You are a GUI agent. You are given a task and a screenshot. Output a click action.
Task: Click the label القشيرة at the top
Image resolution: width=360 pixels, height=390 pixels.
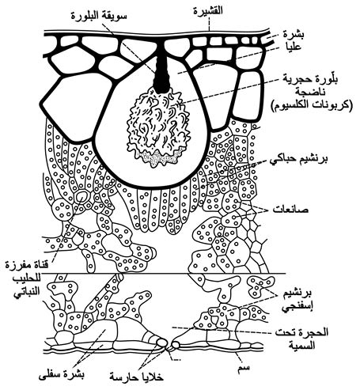(x=208, y=11)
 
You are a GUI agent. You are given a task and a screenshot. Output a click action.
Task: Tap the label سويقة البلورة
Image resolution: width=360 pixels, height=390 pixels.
(x=99, y=16)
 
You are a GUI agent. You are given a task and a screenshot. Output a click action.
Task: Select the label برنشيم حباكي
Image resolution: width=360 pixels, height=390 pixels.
(x=299, y=159)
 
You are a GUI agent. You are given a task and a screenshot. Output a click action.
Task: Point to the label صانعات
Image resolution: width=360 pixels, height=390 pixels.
(x=290, y=210)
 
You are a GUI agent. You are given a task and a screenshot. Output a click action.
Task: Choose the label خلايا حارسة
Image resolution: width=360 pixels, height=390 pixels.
(x=137, y=377)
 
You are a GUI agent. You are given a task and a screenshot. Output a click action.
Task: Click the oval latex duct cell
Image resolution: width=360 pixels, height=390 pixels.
(x=81, y=196)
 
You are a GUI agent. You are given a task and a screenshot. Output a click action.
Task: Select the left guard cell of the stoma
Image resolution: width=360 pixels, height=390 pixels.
(x=161, y=343)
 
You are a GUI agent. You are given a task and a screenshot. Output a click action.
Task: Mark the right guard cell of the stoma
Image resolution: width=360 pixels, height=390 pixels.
(x=176, y=344)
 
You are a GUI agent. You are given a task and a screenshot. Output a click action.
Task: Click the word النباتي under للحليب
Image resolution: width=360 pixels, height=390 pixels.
(x=26, y=293)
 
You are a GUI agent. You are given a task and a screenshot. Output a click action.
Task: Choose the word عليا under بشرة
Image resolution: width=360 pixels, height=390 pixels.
(x=293, y=47)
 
